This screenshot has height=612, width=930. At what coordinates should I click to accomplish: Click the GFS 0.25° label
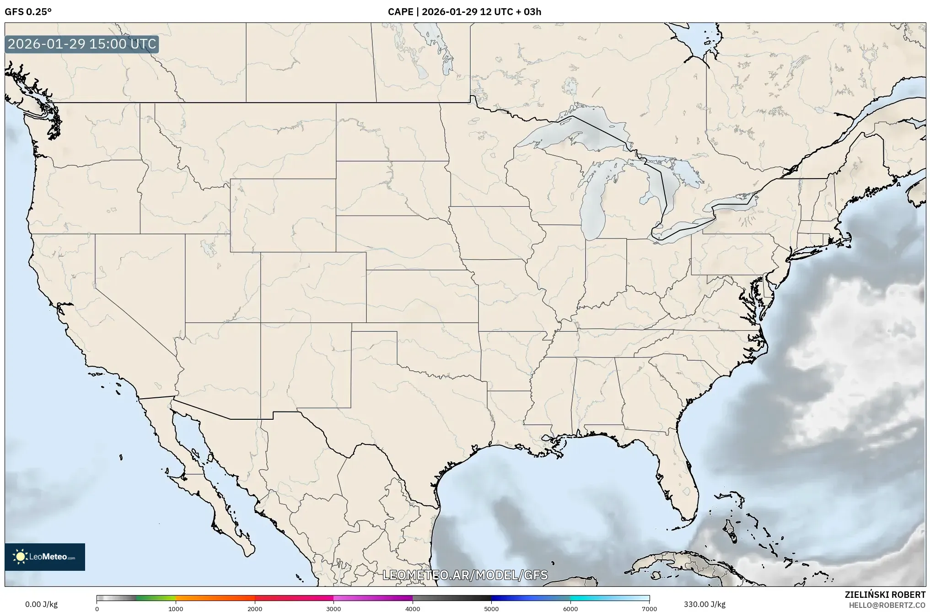[x=28, y=12]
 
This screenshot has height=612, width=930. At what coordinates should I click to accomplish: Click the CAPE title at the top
[x=464, y=12]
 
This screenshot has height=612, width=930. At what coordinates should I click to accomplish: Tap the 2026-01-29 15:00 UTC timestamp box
[x=82, y=44]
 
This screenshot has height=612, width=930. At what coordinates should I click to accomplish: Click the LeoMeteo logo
[x=45, y=557]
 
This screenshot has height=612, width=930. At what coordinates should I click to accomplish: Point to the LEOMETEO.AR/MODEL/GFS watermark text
[x=465, y=575]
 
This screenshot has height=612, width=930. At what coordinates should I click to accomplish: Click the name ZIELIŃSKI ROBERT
[x=885, y=595]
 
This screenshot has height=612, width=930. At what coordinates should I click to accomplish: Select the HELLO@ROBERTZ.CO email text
[x=887, y=605]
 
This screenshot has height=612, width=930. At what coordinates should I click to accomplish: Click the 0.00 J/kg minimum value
[x=41, y=604]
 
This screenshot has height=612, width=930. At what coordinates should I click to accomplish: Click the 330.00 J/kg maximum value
[x=704, y=604]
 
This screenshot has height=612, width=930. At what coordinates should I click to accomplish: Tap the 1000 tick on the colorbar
[x=176, y=609]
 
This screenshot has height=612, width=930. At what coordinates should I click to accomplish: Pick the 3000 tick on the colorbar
[x=333, y=609]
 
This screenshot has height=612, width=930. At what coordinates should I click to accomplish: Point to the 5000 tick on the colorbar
[x=491, y=609]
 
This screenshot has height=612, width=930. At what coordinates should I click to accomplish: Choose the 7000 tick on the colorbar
[x=649, y=609]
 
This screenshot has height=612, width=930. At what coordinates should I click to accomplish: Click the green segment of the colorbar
[x=156, y=598]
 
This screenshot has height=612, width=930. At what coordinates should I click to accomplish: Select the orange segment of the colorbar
[x=215, y=598]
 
